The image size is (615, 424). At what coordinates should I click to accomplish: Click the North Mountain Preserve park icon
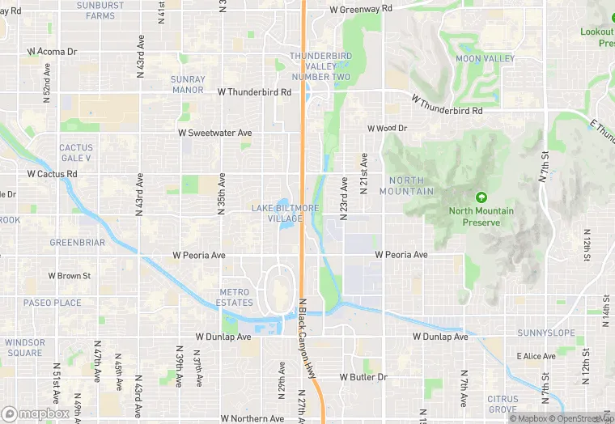[x=481, y=197]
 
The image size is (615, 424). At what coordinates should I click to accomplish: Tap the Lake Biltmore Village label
[x=285, y=214]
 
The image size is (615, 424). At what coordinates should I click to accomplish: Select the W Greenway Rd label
[x=361, y=9]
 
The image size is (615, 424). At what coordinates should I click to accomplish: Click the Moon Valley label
[x=485, y=59]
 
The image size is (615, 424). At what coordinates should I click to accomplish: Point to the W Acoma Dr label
[x=52, y=51]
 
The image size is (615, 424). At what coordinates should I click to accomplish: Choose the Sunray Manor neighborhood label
[x=188, y=84]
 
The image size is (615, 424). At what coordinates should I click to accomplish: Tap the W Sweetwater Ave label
[x=215, y=133]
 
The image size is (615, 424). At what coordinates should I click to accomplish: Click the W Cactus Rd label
[x=52, y=174]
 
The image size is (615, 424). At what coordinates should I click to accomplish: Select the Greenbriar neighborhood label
[x=77, y=242]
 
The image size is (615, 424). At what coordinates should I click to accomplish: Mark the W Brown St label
[x=70, y=276]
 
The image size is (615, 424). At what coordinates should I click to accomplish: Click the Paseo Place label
[x=52, y=303]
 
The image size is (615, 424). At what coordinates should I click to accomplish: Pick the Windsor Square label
[x=24, y=347]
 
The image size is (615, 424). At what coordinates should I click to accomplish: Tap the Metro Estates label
[x=236, y=297]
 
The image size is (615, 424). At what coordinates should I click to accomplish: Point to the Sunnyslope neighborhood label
[x=545, y=333]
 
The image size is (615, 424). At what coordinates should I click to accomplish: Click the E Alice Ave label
[x=536, y=356]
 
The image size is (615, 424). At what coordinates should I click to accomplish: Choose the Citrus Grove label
[x=502, y=404]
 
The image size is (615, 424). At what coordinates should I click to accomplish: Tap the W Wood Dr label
[x=387, y=128]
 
